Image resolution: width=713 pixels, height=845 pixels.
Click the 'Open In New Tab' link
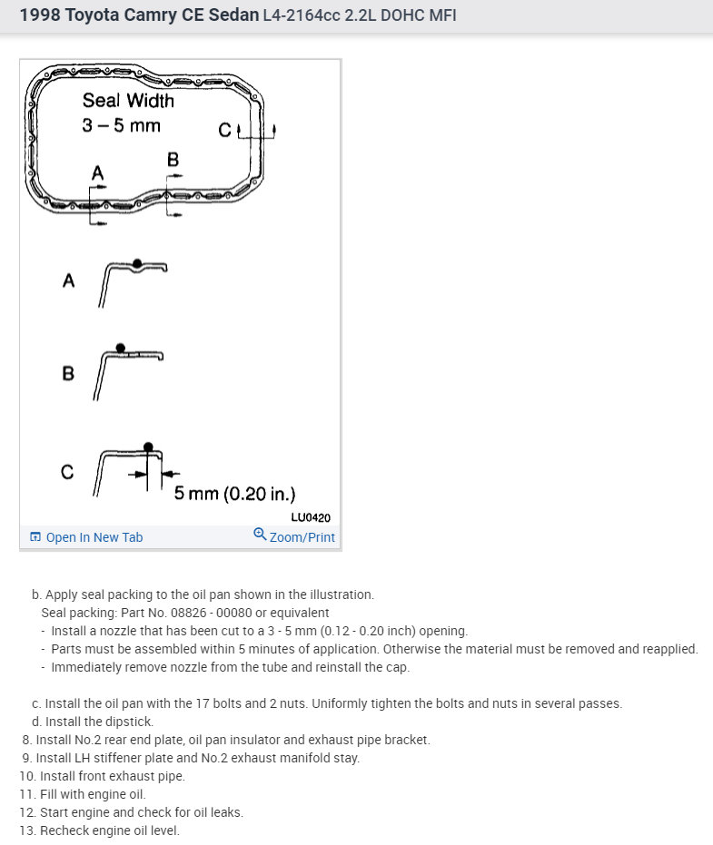[94, 537]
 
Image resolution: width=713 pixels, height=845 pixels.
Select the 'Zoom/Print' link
[302, 537]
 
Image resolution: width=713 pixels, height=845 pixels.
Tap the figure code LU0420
[311, 517]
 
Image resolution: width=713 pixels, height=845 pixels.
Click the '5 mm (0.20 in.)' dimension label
[234, 494]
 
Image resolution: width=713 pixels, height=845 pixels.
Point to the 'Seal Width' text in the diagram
[127, 101]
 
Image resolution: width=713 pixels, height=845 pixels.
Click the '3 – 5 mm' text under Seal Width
[121, 125]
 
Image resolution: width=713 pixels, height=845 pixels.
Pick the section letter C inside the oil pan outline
[225, 131]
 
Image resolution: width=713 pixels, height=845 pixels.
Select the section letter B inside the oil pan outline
[173, 160]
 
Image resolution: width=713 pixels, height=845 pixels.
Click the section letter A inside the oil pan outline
[97, 172]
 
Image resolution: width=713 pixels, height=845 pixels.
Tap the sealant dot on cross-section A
[136, 263]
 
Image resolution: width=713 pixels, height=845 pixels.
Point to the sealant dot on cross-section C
[147, 447]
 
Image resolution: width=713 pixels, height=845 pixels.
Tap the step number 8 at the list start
[27, 740]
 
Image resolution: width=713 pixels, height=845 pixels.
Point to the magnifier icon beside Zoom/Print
[260, 535]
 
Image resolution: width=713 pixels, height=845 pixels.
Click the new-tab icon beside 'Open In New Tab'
[35, 537]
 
